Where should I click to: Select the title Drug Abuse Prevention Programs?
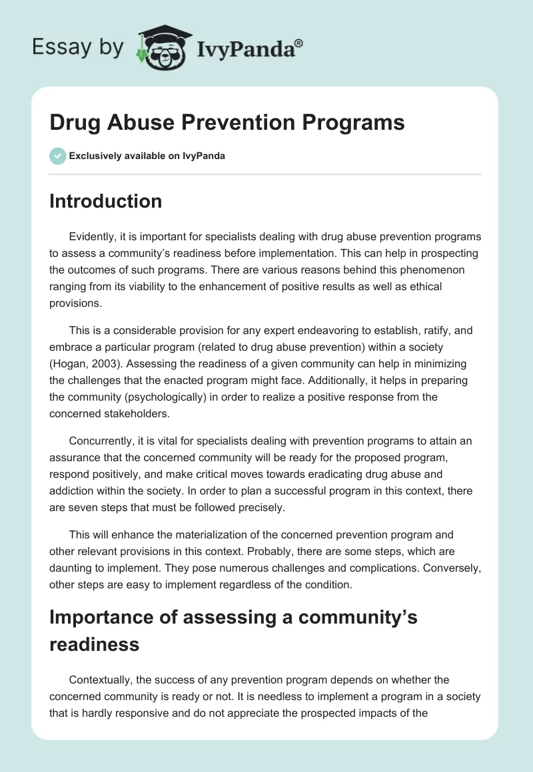coord(227,123)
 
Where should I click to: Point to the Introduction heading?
coord(105,201)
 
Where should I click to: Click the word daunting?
coord(71,568)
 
